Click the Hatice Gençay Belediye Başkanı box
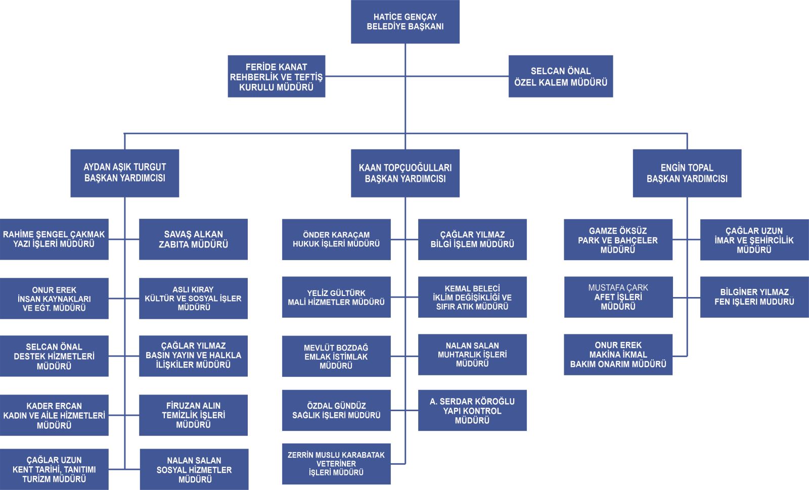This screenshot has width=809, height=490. point(405,22)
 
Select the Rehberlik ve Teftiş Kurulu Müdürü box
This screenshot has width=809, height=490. point(276,76)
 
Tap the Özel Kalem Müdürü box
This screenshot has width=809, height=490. point(560,76)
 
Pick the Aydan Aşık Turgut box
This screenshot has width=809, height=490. point(124,173)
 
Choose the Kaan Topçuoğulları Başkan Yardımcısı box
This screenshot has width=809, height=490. point(405,173)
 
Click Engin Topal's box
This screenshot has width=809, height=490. point(687,173)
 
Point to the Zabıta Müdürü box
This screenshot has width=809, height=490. point(193,239)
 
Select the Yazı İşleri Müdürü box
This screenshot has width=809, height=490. point(54,239)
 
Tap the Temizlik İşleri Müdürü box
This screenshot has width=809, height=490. point(193,415)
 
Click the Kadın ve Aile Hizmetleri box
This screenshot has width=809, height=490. point(54,415)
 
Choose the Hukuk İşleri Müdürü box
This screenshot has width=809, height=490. point(336,239)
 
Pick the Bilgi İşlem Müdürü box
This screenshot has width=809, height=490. point(472,239)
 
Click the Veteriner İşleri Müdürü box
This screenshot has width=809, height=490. point(336,464)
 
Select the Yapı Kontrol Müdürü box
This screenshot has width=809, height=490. point(472,410)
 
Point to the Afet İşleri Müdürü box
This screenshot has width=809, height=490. point(618,297)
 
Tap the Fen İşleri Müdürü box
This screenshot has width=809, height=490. point(754,297)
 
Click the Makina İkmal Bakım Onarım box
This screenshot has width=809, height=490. point(618,355)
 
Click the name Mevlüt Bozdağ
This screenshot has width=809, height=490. point(336,348)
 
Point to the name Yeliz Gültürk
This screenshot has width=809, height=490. point(336,293)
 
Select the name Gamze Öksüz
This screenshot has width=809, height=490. point(618,231)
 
